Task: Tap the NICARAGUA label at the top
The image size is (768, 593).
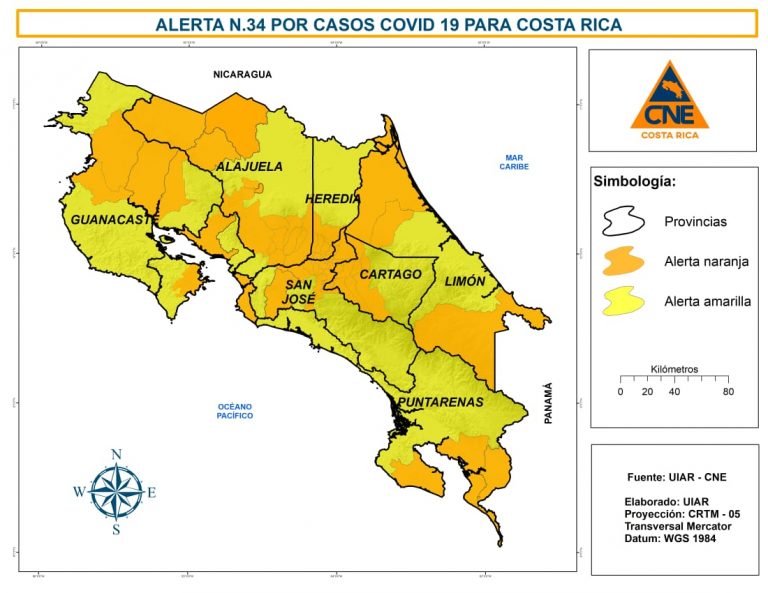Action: pos(242,74)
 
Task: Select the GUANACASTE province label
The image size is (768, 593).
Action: pos(110,218)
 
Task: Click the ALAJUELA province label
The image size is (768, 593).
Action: pos(250,167)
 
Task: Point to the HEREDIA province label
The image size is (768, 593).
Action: pos(333,199)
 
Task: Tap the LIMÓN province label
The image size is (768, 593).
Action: pos(465,281)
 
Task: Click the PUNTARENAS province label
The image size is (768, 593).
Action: pos(441,402)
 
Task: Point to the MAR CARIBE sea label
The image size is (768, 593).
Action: pos(514,162)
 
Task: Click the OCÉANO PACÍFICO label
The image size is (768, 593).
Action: pos(235,410)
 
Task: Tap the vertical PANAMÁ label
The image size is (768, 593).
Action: pos(548,405)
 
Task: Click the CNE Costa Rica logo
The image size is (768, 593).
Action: pos(670,100)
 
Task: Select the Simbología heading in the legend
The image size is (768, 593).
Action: pos(635,182)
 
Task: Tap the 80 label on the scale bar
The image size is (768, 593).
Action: pos(728,391)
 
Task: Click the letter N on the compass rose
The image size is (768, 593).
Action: pos(116,455)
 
